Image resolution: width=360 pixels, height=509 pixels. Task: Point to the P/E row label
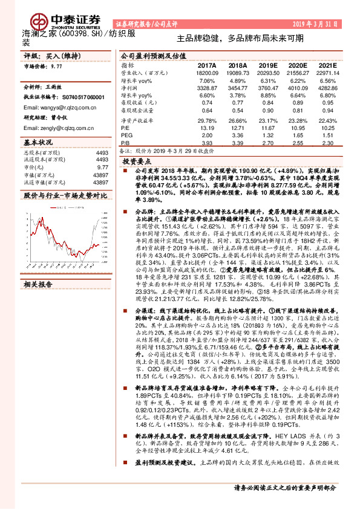[x=125, y=128]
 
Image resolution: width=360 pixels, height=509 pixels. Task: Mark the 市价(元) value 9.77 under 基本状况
[x=102, y=167]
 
